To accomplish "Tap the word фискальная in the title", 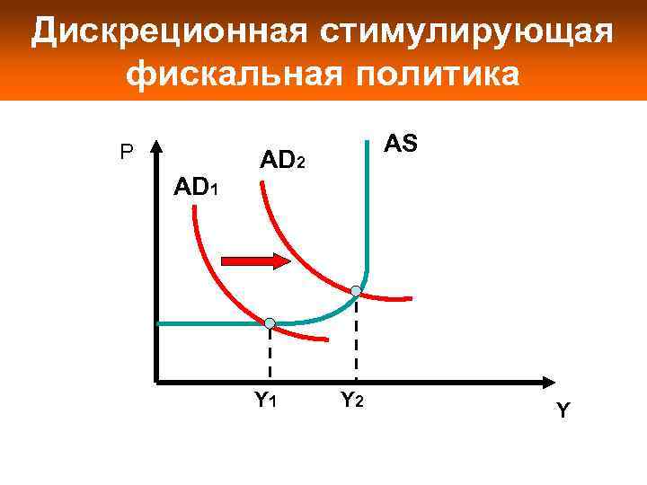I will click(229, 75).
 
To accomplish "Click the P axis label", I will click(127, 154).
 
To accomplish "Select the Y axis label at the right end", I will click(563, 410).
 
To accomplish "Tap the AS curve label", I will click(400, 144).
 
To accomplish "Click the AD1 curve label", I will click(195, 189).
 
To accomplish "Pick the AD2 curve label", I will click(283, 162).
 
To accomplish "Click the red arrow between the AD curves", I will click(255, 260).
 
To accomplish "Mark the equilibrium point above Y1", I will click(270, 323).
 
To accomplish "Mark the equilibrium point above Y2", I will click(356, 291).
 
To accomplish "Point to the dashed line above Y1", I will click(270, 355).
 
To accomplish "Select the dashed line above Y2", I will click(356, 337).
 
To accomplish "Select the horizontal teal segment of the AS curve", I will click(207, 323).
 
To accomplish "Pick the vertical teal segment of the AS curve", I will click(369, 207).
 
